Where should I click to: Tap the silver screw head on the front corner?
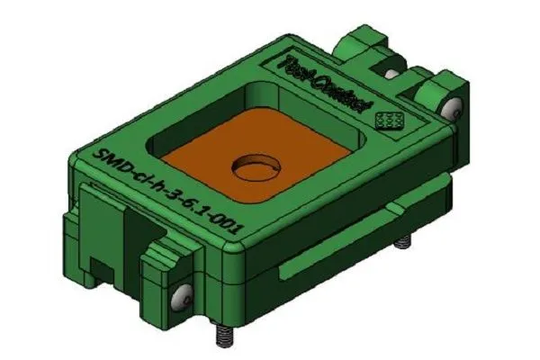tap(185, 296)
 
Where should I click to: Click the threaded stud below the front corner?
tap(220, 335)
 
